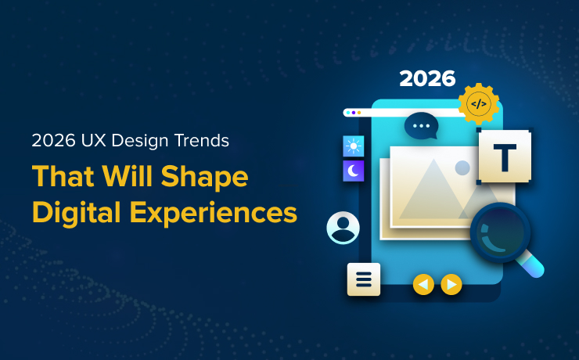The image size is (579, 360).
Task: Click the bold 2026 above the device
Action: [x=426, y=78]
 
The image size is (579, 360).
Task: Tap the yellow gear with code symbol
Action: [x=478, y=103]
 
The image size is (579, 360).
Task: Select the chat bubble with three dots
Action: [x=421, y=125]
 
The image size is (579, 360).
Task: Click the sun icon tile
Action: [x=354, y=146]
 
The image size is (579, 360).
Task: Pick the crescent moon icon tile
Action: [x=354, y=171]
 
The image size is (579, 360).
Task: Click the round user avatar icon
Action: [x=343, y=228]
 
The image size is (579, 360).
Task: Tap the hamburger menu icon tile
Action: [x=364, y=279]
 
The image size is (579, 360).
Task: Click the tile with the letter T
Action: [x=505, y=157]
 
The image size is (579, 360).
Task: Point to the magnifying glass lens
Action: [x=500, y=232]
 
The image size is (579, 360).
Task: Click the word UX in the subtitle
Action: [x=87, y=142]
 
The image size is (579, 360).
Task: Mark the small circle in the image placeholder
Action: [x=462, y=167]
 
